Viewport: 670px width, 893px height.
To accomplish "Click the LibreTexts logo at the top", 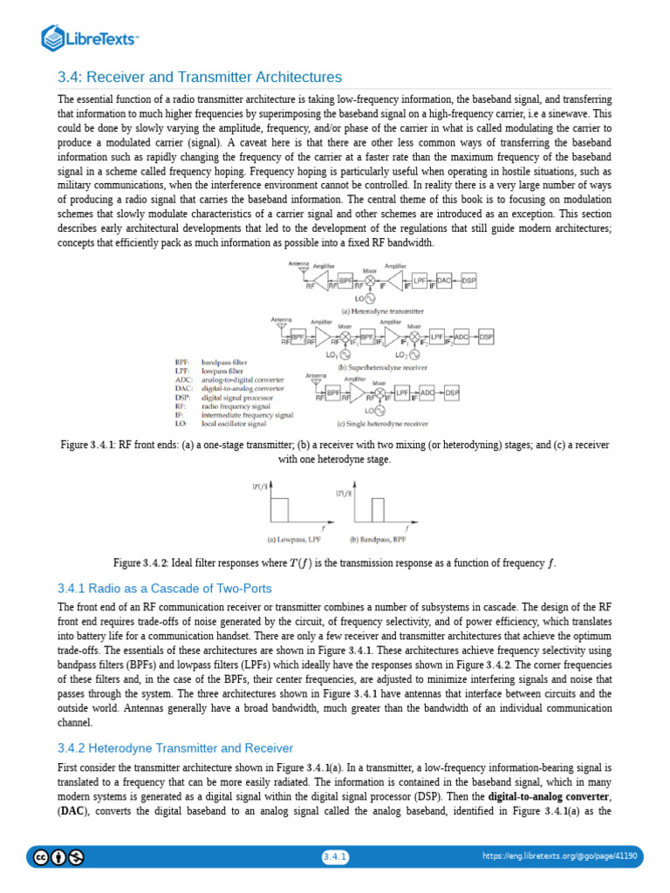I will click(91, 37).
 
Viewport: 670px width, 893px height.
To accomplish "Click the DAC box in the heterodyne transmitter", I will click(444, 280).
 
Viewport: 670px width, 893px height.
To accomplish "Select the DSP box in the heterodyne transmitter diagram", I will click(468, 280).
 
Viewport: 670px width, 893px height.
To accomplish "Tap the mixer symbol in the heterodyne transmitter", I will click(370, 280).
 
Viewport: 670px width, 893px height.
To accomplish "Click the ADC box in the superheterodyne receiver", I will click(461, 337).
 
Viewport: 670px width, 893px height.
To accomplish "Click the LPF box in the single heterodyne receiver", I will click(402, 393).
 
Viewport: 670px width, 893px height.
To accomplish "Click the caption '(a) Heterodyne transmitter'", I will click(383, 310).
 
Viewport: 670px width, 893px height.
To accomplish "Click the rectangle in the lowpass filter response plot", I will click(279, 509).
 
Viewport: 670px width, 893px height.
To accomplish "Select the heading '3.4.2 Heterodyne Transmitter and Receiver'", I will click(175, 748).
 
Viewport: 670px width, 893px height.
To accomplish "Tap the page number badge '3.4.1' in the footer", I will click(335, 857).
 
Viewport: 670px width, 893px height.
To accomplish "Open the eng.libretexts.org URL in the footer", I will click(559, 857).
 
